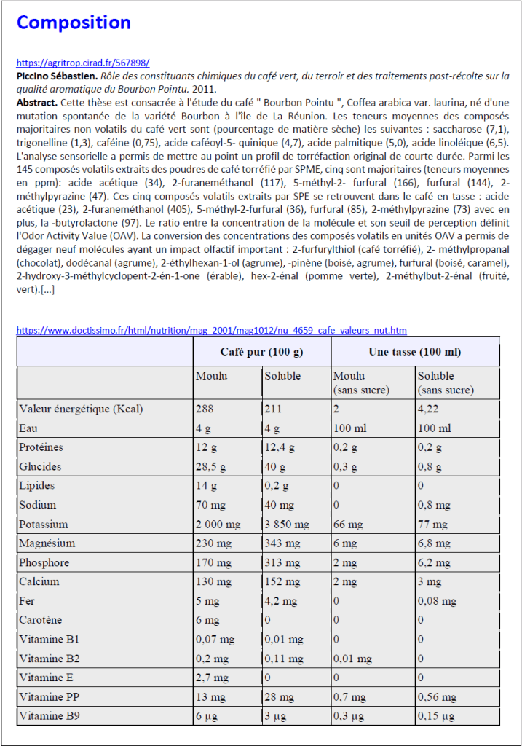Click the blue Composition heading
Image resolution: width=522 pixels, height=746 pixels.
point(74,23)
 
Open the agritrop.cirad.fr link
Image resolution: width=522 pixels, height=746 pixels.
point(83,63)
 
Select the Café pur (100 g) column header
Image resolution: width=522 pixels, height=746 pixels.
point(261,352)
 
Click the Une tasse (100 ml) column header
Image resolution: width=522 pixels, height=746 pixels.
point(414,352)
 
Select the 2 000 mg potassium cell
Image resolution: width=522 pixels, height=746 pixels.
point(218,525)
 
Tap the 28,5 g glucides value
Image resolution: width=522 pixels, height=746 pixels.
point(210,467)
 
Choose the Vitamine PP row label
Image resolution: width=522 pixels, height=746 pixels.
point(50,697)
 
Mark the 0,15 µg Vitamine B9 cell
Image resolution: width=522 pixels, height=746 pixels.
point(436,716)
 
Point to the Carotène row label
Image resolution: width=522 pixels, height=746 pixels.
point(41,620)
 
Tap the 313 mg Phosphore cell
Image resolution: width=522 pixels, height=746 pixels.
point(282,562)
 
